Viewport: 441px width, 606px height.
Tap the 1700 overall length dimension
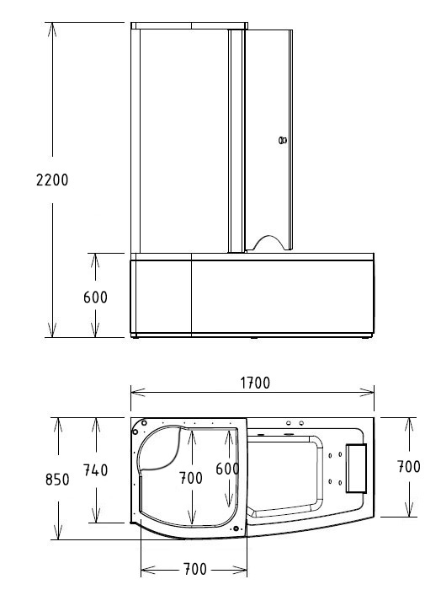click(253, 382)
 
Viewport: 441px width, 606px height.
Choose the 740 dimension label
click(94, 471)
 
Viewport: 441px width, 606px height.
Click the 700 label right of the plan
click(408, 466)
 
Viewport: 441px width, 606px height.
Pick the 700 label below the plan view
click(194, 569)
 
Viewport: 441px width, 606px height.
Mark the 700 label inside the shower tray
click(191, 478)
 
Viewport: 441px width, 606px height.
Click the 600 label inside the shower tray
click(226, 469)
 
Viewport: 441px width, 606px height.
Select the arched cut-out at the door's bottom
click(268, 243)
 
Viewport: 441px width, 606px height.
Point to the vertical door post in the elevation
click(236, 139)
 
